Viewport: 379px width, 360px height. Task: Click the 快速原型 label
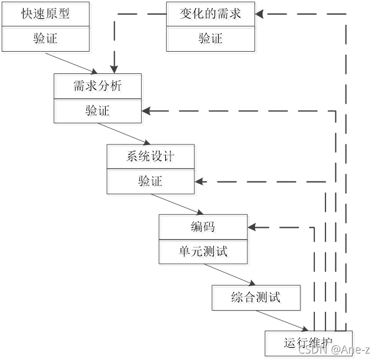(x=45, y=14)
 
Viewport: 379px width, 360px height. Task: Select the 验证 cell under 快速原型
(x=45, y=39)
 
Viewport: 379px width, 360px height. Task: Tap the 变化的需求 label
(x=210, y=14)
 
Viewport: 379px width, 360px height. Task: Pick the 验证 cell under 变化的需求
(x=210, y=39)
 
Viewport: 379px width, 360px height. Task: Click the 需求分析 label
(x=98, y=86)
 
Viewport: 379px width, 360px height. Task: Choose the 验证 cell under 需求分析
(x=98, y=110)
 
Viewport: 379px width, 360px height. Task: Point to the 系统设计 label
(x=150, y=156)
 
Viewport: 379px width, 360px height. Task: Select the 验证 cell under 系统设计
(x=150, y=181)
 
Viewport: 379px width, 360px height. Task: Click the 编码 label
(x=203, y=227)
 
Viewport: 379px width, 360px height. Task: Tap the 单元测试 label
(x=203, y=251)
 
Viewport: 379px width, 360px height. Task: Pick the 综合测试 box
(x=256, y=298)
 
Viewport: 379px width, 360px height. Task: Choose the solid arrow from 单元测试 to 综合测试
(x=229, y=274)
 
